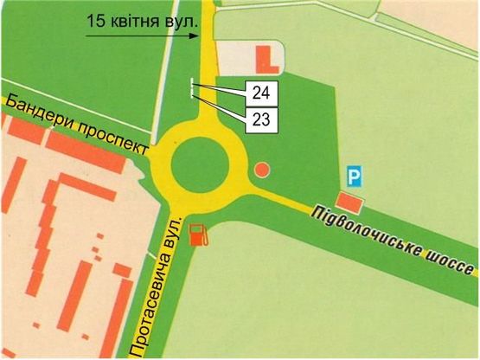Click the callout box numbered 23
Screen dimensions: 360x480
pos(261,119)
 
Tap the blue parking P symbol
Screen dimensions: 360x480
pos(353,177)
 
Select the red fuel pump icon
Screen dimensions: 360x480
pos(199,235)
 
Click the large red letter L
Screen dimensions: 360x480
pos(264,58)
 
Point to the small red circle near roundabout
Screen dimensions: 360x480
pos(262,170)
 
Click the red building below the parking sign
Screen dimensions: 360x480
pos(349,202)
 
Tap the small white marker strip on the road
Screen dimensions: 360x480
pos(191,90)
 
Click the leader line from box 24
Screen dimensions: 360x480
pos(221,88)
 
